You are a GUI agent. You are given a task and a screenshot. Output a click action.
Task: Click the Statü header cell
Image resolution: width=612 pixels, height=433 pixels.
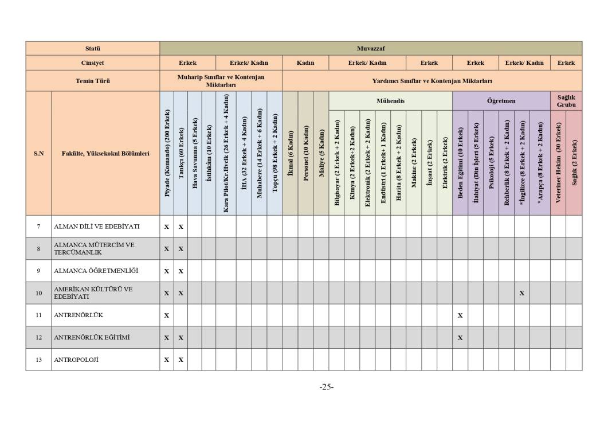(92, 48)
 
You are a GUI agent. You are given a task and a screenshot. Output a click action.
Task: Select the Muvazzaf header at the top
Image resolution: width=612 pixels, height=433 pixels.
(370, 48)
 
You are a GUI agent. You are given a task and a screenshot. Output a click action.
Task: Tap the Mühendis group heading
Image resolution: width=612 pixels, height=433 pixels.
(390, 101)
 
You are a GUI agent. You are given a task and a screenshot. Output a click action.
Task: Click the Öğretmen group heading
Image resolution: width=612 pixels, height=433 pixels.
(501, 101)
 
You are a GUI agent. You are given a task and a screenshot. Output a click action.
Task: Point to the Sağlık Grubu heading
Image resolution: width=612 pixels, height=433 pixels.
(566, 101)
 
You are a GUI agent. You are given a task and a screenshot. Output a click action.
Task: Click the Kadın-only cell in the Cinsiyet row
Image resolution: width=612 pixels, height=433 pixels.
(305, 63)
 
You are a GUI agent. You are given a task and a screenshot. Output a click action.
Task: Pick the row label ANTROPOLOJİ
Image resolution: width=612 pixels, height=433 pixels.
(79, 360)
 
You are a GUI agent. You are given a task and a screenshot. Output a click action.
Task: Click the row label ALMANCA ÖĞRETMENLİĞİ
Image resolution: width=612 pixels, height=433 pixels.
(88, 271)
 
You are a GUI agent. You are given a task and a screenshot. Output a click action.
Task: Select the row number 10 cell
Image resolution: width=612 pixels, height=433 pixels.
(38, 293)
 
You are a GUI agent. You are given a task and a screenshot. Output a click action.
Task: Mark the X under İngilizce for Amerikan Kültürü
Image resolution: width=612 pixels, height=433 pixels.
(521, 293)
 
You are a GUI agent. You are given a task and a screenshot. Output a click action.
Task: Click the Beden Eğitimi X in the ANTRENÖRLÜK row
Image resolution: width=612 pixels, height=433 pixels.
(460, 315)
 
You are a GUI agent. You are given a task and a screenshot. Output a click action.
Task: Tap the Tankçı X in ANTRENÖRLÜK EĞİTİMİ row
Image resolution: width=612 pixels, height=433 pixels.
(181, 338)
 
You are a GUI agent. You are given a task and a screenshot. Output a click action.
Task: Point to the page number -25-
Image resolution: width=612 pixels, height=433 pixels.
(326, 387)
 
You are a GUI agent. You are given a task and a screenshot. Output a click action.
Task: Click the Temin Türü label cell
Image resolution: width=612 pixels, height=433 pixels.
(92, 81)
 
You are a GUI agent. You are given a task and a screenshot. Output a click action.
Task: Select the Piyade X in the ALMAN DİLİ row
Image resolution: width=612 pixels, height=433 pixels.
(167, 227)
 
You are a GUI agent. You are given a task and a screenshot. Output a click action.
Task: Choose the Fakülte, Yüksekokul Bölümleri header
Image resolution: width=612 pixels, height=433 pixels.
(105, 154)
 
